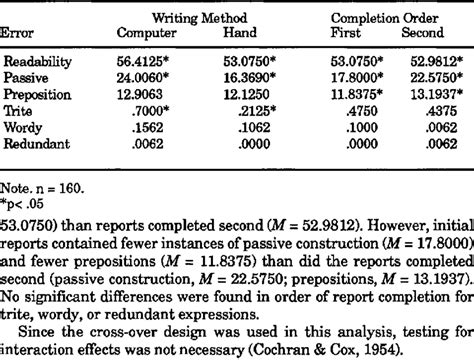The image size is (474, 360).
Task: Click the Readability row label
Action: click(39, 60)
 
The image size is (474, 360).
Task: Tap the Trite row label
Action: click(21, 107)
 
